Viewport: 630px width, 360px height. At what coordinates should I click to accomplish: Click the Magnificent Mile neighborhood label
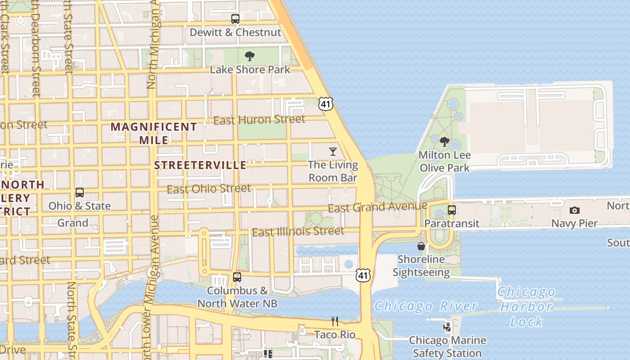[x=154, y=133]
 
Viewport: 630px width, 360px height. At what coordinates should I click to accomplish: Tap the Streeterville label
[x=200, y=165]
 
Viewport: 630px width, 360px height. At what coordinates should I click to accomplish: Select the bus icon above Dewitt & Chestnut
[x=235, y=19]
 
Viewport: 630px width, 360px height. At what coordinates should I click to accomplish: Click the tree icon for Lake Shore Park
[x=250, y=56]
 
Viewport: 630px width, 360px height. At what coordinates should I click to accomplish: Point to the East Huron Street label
[x=259, y=120]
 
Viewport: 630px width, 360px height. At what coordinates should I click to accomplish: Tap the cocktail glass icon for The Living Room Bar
[x=333, y=151]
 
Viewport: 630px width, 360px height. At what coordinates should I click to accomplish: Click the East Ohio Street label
[x=209, y=189]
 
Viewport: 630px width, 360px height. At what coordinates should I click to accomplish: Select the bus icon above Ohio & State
[x=80, y=193]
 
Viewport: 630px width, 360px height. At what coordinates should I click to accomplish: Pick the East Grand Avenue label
[x=377, y=207]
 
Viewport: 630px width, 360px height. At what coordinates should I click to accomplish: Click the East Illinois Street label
[x=298, y=232]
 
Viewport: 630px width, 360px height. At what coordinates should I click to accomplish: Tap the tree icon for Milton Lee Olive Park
[x=445, y=142]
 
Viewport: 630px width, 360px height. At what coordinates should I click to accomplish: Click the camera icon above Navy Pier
[x=574, y=210]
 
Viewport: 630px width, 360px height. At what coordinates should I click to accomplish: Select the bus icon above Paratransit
[x=452, y=210]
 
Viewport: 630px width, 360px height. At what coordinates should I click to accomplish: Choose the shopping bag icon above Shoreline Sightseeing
[x=421, y=246]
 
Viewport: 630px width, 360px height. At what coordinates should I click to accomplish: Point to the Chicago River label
[x=425, y=306]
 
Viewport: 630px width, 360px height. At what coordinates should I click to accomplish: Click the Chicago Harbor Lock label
[x=526, y=307]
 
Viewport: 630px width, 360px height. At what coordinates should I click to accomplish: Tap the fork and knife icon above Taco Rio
[x=334, y=321]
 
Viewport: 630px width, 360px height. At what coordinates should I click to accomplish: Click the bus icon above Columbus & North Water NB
[x=237, y=277]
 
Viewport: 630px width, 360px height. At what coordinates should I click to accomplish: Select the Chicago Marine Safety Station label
[x=447, y=346]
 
